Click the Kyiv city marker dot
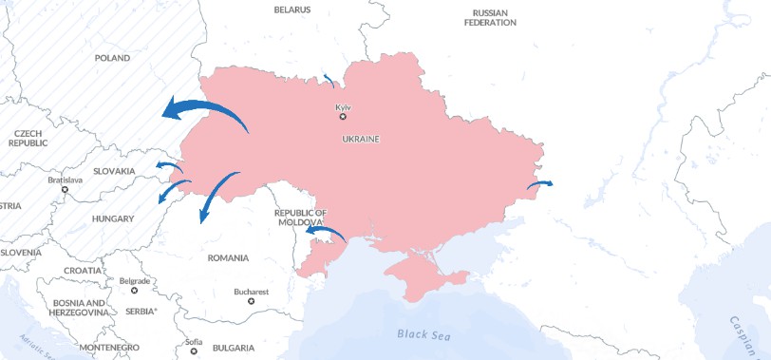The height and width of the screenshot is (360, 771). pos(343,116)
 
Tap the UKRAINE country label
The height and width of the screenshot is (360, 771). pos(360,139)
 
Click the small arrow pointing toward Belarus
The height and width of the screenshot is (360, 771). pos(329,79)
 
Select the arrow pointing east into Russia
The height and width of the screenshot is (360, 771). pos(541,183)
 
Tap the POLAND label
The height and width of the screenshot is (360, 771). pos(112,58)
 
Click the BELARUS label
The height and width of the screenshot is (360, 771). pos(291,9)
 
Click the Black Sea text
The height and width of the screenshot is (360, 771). pos(423,334)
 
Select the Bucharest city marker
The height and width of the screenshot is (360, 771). pos(251,301)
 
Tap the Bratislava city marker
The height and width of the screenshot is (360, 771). pos(65,189)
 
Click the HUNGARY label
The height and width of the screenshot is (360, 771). pos(112,218)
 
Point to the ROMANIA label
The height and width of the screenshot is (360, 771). pos(228,257)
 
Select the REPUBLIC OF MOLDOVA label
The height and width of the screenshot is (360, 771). pos(300,217)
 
